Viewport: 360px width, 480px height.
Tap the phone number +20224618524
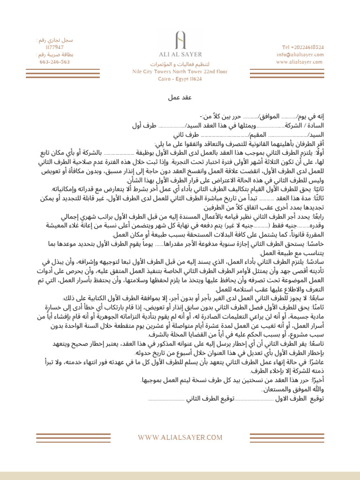pos(303,47)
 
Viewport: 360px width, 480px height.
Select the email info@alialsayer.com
pos(300,54)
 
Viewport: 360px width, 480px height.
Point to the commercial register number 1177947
pos(55,47)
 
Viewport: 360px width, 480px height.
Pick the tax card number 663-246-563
pos(55,62)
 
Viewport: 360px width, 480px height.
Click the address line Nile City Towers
pos(180,72)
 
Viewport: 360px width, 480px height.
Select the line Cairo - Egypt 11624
pos(180,79)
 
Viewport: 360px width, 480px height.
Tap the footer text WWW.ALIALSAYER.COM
pos(180,437)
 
